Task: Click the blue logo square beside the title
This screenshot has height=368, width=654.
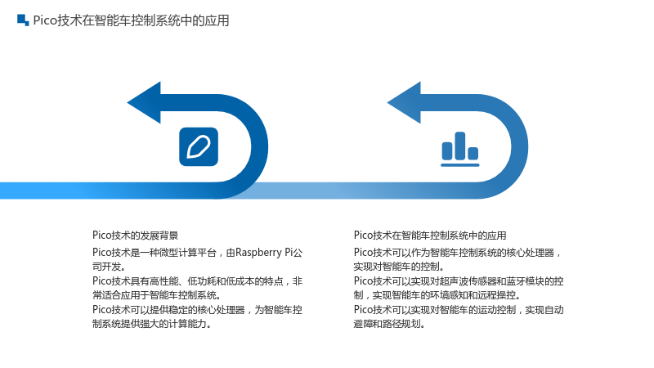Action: (x=23, y=20)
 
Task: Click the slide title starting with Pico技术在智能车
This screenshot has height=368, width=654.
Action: (x=131, y=20)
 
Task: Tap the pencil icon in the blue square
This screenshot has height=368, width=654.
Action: (x=199, y=147)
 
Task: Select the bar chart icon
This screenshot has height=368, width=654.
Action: (x=460, y=149)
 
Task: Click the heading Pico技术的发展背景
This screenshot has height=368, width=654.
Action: (x=135, y=236)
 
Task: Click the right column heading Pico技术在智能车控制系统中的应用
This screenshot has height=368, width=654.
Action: (x=430, y=236)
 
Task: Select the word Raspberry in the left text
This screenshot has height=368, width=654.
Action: (x=258, y=253)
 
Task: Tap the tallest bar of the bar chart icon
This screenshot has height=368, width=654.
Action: (x=460, y=146)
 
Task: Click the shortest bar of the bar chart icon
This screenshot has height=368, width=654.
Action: (x=473, y=153)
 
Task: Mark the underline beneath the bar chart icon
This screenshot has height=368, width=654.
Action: (x=460, y=165)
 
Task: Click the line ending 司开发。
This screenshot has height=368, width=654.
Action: (x=109, y=267)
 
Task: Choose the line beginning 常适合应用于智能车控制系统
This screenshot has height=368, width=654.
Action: (x=157, y=295)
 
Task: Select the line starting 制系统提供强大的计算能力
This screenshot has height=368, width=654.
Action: (x=152, y=324)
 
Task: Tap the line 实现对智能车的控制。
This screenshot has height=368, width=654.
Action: (x=399, y=267)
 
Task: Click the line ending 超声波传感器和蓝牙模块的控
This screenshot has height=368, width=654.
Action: (x=459, y=281)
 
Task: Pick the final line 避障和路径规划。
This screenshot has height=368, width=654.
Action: (x=390, y=324)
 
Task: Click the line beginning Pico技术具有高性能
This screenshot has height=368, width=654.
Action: (x=197, y=281)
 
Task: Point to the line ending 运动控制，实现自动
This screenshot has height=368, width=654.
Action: (x=459, y=310)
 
